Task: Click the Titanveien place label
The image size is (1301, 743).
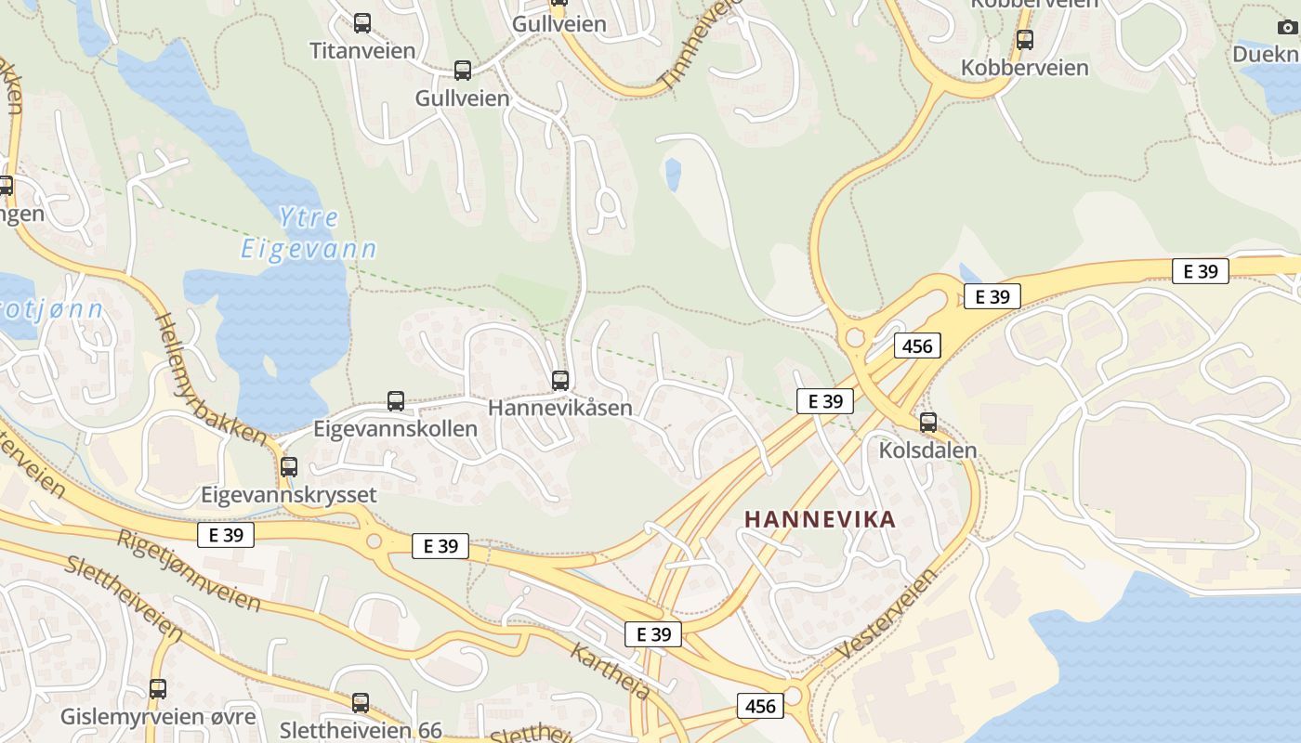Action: tap(362, 50)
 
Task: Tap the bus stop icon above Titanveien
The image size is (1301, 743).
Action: tap(362, 23)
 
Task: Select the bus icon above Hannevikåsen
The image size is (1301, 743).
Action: tap(559, 380)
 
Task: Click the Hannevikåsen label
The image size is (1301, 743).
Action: tap(559, 408)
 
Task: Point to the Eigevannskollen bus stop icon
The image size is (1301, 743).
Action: tap(396, 401)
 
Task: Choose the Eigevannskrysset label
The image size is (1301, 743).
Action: tap(289, 494)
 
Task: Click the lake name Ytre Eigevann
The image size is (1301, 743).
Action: tap(309, 233)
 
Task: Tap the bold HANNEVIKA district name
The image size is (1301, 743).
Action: tap(821, 519)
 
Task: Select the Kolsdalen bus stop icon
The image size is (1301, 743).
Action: tap(927, 423)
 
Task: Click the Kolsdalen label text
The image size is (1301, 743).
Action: tap(927, 450)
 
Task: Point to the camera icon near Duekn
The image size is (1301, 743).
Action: tap(1286, 27)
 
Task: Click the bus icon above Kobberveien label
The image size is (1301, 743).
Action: tap(1025, 40)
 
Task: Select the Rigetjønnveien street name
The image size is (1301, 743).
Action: tap(189, 569)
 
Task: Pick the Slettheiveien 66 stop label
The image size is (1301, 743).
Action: tap(361, 731)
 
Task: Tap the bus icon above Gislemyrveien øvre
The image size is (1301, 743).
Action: tap(158, 689)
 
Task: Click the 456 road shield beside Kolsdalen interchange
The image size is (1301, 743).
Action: tap(917, 346)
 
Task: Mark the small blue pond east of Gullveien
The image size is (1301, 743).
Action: tap(673, 174)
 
